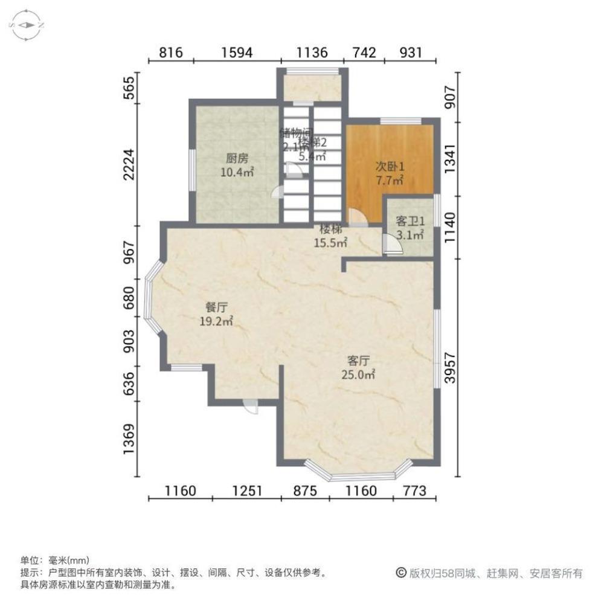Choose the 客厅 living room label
pyautogui.click(x=358, y=361)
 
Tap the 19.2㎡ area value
pyautogui.click(x=216, y=321)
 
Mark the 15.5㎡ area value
pyautogui.click(x=330, y=243)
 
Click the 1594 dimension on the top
pyautogui.click(x=236, y=53)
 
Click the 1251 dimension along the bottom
pyautogui.click(x=246, y=490)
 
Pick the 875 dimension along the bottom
pyautogui.click(x=306, y=490)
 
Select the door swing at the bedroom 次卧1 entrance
pyautogui.click(x=356, y=216)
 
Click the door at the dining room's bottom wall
pyautogui.click(x=251, y=406)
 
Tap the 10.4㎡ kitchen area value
pyautogui.click(x=237, y=173)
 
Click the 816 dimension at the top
pyautogui.click(x=171, y=53)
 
